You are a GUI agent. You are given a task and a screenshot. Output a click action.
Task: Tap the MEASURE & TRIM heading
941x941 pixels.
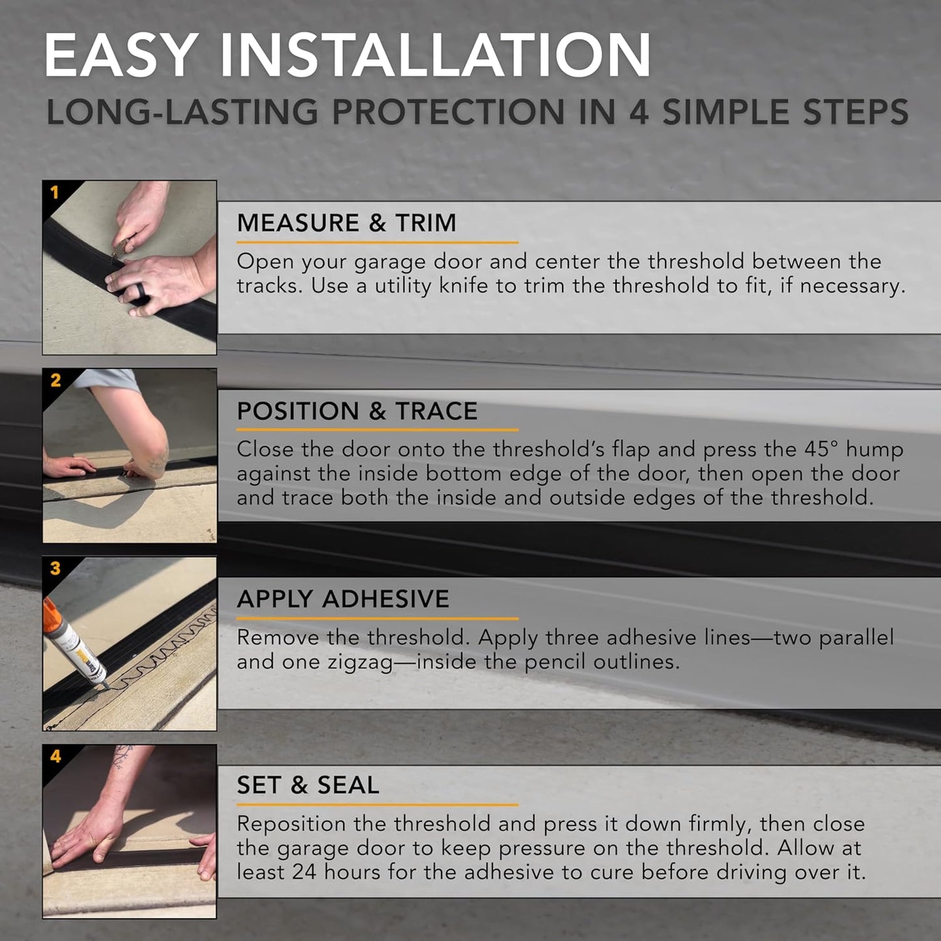point(346,223)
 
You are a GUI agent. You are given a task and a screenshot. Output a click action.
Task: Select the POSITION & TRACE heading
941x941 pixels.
point(357,412)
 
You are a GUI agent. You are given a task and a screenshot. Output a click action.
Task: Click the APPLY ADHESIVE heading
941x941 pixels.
point(343,599)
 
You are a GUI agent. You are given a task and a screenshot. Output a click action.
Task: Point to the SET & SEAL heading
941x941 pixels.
point(307,785)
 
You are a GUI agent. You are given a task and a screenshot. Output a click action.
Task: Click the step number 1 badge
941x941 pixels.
point(55,192)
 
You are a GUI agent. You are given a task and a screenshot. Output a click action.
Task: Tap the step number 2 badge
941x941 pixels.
point(55,380)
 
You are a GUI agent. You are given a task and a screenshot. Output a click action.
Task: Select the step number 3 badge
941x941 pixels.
point(55,568)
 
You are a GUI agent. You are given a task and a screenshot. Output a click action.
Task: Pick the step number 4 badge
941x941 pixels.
point(55,756)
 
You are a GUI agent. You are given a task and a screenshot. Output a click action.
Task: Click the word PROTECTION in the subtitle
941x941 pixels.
point(448,113)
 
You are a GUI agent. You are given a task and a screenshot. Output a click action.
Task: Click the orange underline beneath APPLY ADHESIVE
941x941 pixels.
point(377,618)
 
